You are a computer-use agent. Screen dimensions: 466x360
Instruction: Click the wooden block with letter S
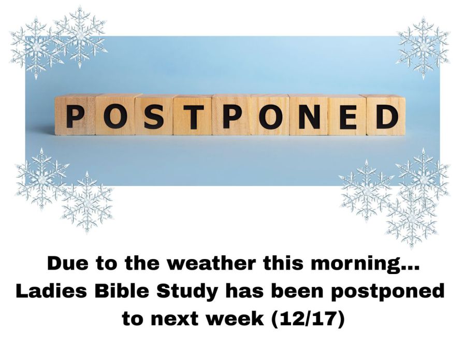pyautogui.click(x=154, y=115)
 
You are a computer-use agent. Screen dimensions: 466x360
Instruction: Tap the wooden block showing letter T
pyautogui.click(x=193, y=115)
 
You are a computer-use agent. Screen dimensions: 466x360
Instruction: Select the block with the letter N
pyautogui.click(x=309, y=115)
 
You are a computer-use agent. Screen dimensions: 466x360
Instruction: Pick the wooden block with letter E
pyautogui.click(x=347, y=115)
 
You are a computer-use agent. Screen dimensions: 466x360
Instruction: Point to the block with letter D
pyautogui.click(x=386, y=115)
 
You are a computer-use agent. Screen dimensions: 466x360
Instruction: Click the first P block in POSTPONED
pyautogui.click(x=75, y=115)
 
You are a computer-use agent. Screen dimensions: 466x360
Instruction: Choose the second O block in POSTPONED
pyautogui.click(x=270, y=115)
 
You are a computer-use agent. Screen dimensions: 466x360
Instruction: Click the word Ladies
pyautogui.click(x=51, y=291)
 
